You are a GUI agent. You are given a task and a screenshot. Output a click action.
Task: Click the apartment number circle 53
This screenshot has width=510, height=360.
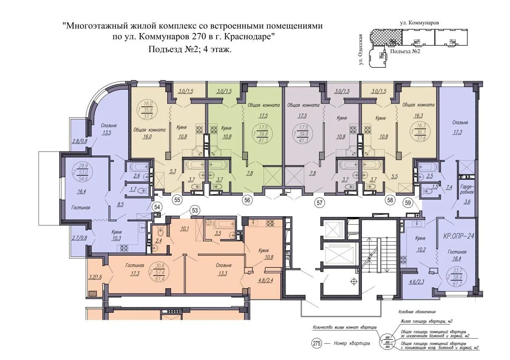(195, 210)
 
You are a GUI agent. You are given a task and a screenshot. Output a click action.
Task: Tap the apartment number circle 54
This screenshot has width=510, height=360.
(157, 208)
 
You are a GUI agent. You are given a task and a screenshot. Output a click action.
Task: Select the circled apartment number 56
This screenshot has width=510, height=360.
(247, 200)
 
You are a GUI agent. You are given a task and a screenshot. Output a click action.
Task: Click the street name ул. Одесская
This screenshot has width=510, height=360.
(361, 51)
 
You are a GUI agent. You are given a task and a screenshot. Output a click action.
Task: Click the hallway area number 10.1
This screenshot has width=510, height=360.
(184, 228)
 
